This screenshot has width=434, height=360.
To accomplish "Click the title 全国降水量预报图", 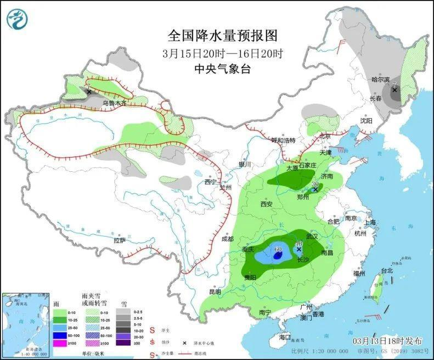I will (x=222, y=36).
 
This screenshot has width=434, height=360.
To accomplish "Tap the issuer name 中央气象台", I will (x=222, y=69).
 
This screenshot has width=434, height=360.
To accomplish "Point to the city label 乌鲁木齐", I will (x=114, y=103).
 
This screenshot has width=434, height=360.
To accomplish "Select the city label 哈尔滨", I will (x=380, y=80).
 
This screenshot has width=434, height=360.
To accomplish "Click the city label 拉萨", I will (x=120, y=240).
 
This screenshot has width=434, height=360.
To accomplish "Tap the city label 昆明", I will (x=216, y=292).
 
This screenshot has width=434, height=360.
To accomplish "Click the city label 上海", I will (x=370, y=222).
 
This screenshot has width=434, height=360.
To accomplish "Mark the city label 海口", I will (x=284, y=336).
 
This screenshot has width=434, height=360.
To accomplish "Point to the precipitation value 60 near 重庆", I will (x=278, y=249).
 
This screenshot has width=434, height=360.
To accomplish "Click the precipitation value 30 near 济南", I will (x=315, y=184).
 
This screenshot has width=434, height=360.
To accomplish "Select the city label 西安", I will (x=267, y=204).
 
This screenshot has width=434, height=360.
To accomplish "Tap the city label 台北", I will (x=387, y=271).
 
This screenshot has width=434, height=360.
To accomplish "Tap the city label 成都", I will (x=228, y=239).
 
